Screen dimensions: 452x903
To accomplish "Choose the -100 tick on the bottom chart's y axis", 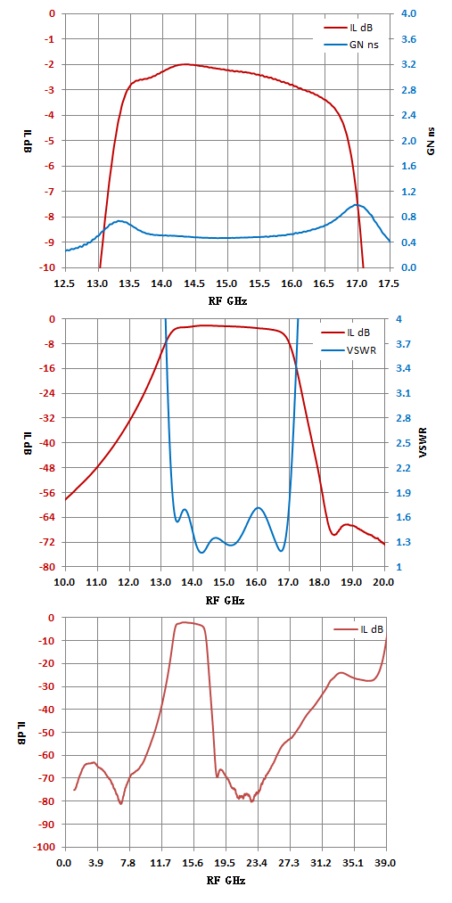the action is click(47, 847).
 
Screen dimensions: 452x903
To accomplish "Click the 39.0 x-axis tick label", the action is click(385, 863).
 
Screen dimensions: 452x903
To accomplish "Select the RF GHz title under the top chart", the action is click(228, 301).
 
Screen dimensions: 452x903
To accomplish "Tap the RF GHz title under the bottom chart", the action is click(226, 881).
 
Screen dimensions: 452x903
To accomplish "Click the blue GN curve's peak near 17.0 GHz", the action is click(357, 204).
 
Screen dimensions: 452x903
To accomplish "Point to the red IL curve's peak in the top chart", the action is click(185, 64).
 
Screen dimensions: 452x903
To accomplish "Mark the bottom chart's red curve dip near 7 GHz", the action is click(121, 803).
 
